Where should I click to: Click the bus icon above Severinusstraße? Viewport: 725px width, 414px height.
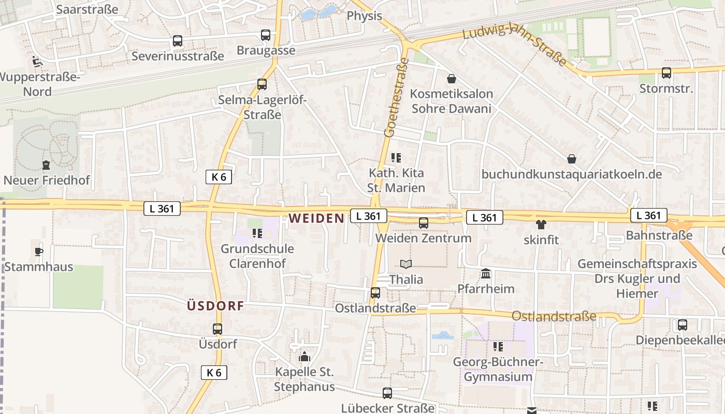[178, 40]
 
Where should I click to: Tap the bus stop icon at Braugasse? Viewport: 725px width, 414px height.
[266, 35]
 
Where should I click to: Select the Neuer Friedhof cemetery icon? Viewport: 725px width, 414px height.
[46, 165]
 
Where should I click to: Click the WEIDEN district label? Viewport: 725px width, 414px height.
[316, 218]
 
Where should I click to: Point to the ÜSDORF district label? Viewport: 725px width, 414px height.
[215, 306]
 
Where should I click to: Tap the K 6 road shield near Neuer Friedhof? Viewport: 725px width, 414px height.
[219, 177]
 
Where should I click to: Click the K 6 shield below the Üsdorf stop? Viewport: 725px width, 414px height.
[214, 372]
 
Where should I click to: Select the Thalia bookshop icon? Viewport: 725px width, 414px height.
[406, 264]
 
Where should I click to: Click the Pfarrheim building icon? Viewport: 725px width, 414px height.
[486, 273]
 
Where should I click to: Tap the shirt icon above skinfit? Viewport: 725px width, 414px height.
[541, 225]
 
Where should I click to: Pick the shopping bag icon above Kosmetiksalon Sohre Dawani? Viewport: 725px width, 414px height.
[452, 79]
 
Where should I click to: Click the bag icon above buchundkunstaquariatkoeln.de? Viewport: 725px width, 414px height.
[572, 158]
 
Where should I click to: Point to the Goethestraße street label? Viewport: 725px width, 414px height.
[397, 98]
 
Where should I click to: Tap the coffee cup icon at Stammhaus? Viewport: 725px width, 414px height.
[38, 252]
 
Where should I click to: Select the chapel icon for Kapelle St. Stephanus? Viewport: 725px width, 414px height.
[304, 357]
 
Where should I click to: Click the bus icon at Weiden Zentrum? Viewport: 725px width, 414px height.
[424, 223]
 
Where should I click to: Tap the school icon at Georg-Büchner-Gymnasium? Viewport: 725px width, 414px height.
[498, 346]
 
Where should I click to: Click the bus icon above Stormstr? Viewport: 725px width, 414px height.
[666, 73]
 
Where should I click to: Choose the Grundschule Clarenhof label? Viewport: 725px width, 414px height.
[257, 256]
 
